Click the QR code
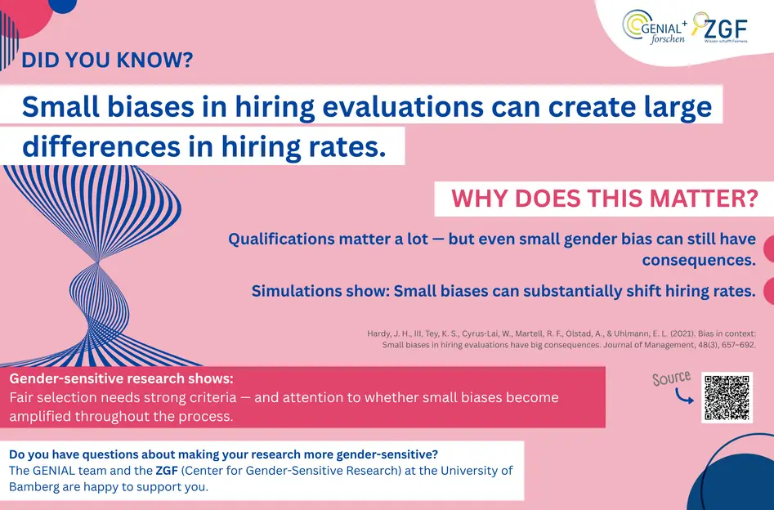point(727,397)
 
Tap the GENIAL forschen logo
point(655,27)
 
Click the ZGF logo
point(720,28)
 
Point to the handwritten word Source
point(671,378)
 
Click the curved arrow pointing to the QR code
point(683,396)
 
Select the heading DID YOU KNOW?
point(107,60)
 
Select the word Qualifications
point(280,239)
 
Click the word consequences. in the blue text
point(699,260)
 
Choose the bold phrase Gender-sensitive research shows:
point(122,378)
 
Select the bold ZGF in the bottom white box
point(167,471)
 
